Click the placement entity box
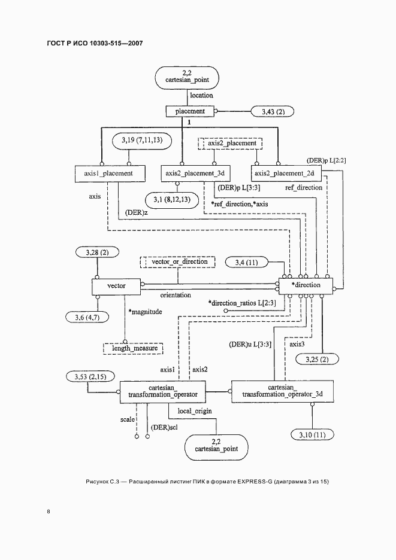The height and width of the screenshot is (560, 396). (x=190, y=111)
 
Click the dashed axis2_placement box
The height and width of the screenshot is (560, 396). (x=232, y=144)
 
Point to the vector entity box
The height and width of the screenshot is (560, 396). (x=116, y=286)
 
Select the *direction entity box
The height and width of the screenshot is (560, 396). (x=306, y=285)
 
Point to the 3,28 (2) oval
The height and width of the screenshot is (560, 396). (x=92, y=254)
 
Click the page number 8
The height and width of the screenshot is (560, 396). (x=48, y=512)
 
